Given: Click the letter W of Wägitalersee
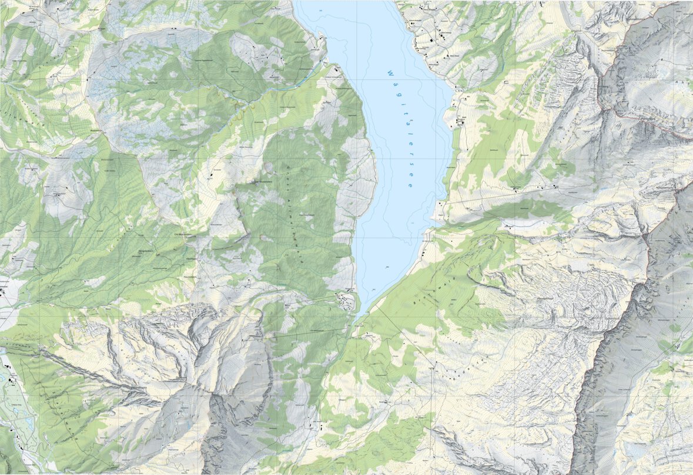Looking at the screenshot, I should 389,73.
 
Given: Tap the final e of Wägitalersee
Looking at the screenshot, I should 409,186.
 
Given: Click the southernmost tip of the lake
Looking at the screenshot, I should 357,318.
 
